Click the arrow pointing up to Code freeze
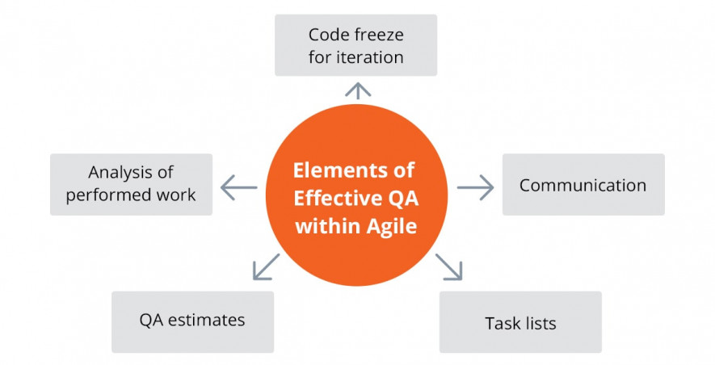(x=358, y=90)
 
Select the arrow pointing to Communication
(x=475, y=187)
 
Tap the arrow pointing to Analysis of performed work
(x=239, y=187)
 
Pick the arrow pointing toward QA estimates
(x=266, y=266)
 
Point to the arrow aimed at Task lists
(x=448, y=266)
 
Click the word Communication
(x=583, y=186)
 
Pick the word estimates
(x=207, y=321)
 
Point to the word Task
(x=501, y=323)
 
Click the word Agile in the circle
(x=392, y=226)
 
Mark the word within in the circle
(x=329, y=226)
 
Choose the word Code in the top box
(x=325, y=35)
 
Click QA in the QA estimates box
(x=151, y=321)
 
